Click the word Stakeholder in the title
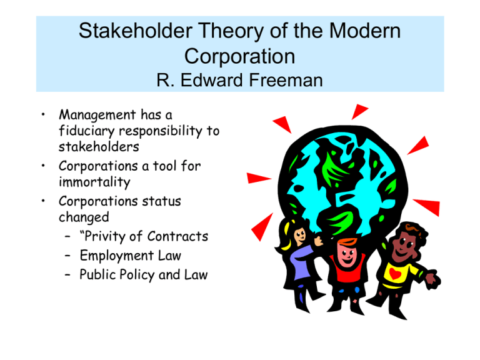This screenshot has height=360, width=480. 135,31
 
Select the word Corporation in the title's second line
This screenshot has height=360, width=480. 240,56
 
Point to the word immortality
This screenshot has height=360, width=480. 94,182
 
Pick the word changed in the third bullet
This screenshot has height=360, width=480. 84,217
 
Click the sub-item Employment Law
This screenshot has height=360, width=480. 131,256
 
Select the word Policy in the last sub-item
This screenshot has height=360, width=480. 137,275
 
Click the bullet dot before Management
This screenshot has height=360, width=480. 43,114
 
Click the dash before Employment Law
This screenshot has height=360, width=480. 67,256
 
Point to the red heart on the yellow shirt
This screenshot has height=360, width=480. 395,272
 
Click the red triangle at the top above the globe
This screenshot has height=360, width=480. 359,111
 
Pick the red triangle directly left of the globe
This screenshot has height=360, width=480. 257,178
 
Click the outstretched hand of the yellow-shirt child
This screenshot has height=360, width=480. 433,279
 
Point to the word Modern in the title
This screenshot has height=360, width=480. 365,31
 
